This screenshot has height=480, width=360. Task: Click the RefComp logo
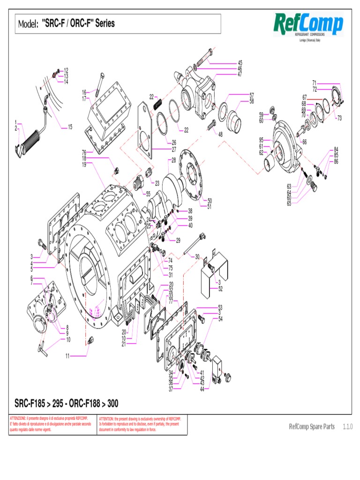[308, 24]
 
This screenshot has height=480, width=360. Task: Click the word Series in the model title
[105, 23]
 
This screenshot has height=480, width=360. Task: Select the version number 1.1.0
[347, 427]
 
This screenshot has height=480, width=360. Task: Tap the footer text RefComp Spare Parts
[312, 427]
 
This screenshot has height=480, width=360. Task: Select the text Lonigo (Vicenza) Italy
[309, 40]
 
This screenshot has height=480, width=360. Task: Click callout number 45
[240, 63]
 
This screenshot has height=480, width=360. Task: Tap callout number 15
[70, 127]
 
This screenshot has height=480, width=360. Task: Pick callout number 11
[67, 356]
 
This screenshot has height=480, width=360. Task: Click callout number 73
[339, 118]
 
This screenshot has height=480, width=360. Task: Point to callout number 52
[220, 289]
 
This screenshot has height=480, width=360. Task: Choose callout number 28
[173, 160]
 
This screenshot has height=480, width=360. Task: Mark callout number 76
[84, 152]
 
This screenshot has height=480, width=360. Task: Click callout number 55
[148, 193]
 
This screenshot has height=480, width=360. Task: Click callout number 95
[261, 140]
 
